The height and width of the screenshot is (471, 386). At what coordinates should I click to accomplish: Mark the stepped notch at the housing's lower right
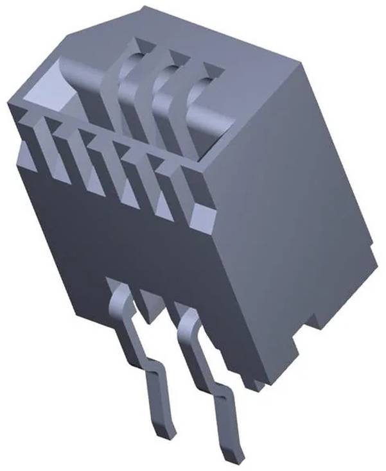point(315,321)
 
